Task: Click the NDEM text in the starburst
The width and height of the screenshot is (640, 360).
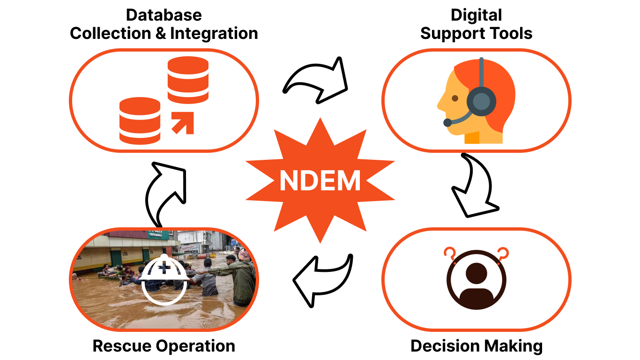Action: [320, 180]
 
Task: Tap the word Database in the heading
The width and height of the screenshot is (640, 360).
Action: [164, 15]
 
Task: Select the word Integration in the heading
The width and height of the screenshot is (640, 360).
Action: [214, 33]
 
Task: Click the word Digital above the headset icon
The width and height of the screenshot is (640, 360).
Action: [476, 15]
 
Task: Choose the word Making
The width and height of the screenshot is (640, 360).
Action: [515, 346]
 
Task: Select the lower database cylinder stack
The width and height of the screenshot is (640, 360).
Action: [140, 120]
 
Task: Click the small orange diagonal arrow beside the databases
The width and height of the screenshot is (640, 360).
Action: [183, 123]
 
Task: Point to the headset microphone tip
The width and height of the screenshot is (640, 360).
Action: [447, 122]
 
